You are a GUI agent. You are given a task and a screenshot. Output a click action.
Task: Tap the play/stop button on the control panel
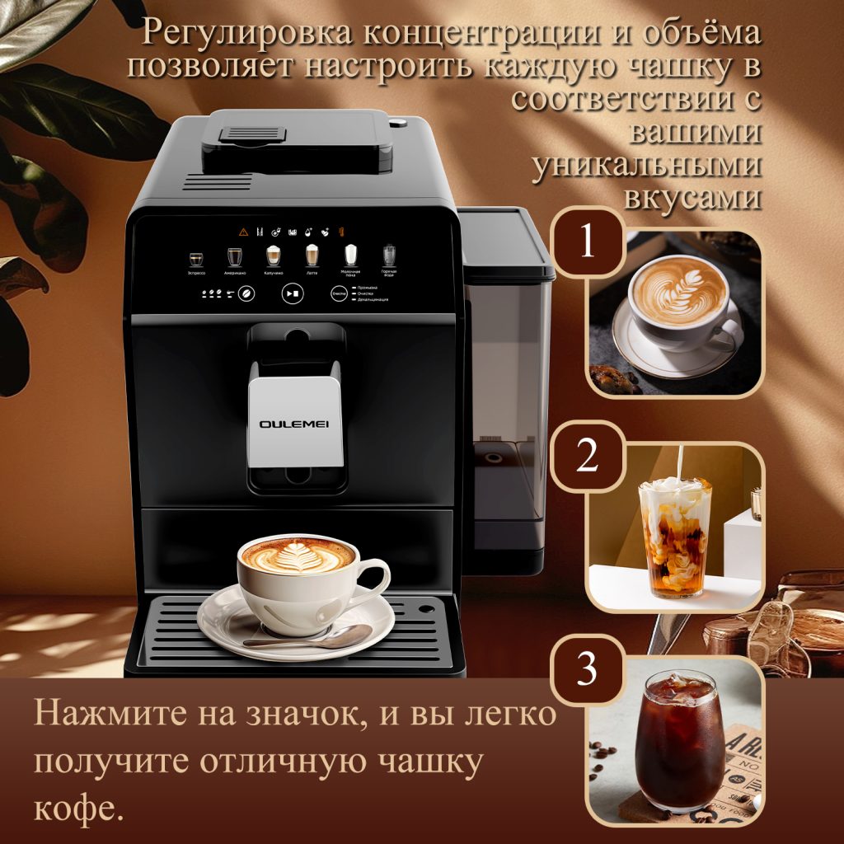click(x=292, y=293)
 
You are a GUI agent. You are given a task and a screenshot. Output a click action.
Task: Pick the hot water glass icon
click(x=389, y=255)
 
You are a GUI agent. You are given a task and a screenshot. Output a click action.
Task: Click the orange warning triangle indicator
click(x=244, y=232)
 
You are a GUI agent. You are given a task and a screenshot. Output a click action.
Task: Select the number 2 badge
click(x=587, y=456)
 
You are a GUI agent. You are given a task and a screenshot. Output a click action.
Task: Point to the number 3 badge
click(x=587, y=669)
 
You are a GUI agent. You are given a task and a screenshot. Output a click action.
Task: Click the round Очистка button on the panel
click(x=338, y=293)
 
